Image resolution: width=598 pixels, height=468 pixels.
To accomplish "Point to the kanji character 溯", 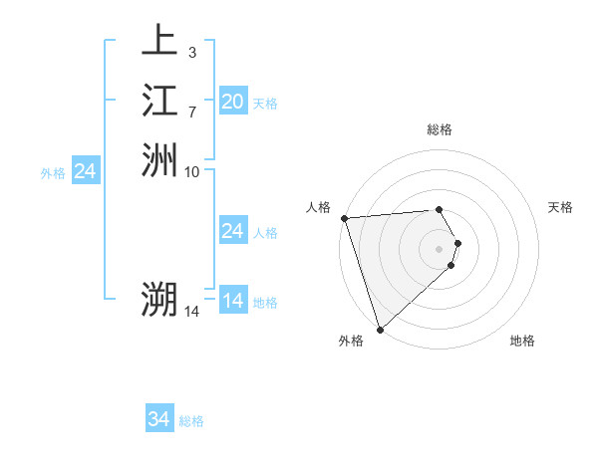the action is click(x=159, y=299).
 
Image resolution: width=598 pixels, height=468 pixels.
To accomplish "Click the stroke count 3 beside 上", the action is click(x=191, y=51).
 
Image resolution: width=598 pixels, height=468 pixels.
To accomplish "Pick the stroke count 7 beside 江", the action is click(x=191, y=111).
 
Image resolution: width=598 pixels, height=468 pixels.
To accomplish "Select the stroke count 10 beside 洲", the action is click(x=192, y=171).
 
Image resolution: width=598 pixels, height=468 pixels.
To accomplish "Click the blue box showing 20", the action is click(x=232, y=101).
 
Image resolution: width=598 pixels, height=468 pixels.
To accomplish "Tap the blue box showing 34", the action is click(x=158, y=419).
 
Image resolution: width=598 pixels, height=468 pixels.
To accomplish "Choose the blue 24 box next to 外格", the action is click(x=85, y=171).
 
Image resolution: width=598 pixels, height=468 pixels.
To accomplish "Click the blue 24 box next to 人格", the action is click(x=232, y=231).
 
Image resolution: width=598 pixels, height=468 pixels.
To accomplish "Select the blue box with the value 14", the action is click(x=232, y=300).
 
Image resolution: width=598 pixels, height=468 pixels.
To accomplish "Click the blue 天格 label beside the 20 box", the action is click(x=265, y=103).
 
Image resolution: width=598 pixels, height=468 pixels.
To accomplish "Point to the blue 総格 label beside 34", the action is click(x=191, y=421).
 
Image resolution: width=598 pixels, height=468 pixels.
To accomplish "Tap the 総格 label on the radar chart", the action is click(x=440, y=129).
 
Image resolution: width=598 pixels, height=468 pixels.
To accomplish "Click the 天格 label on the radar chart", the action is click(x=561, y=207).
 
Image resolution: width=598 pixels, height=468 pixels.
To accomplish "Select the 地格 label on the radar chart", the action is click(x=522, y=341).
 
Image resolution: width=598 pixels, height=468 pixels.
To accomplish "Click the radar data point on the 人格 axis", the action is click(x=344, y=218).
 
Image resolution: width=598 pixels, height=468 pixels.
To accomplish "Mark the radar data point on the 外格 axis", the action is click(x=381, y=328).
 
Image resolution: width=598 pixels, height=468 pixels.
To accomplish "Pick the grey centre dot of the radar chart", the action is click(x=440, y=248).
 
